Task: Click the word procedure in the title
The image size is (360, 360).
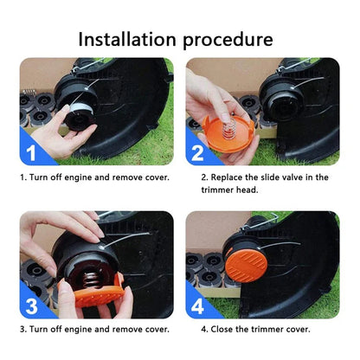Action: tap(228, 40)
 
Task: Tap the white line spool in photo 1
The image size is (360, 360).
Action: tap(77, 105)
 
